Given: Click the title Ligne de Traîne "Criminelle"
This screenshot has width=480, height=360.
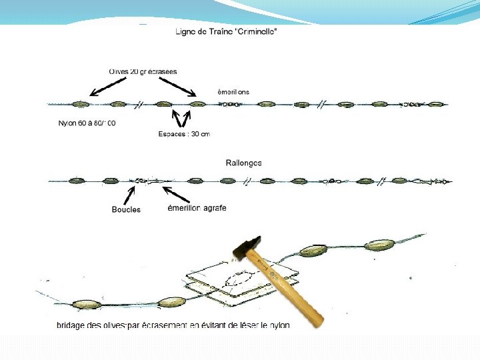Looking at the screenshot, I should pyautogui.click(x=225, y=33).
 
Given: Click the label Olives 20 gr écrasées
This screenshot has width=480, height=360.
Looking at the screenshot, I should pyautogui.click(x=143, y=71).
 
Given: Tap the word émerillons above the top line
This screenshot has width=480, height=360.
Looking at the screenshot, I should pyautogui.click(x=233, y=91).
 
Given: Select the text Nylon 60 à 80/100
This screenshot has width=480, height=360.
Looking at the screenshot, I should pyautogui.click(x=87, y=123).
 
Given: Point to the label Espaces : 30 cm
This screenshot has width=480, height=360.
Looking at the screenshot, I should pyautogui.click(x=184, y=134).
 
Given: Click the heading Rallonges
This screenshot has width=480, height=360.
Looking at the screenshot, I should pyautogui.click(x=243, y=163).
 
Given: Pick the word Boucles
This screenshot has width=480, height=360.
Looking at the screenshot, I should pyautogui.click(x=126, y=209).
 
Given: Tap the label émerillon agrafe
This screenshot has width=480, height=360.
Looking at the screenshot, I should pyautogui.click(x=197, y=208).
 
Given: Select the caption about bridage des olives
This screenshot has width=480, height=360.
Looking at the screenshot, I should pyautogui.click(x=173, y=325).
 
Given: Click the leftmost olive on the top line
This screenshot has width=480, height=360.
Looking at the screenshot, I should pyautogui.click(x=81, y=104).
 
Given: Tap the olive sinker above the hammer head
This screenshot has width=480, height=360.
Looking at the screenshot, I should pyautogui.click(x=313, y=250).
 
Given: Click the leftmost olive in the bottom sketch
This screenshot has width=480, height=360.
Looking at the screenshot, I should pyautogui.click(x=88, y=304).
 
